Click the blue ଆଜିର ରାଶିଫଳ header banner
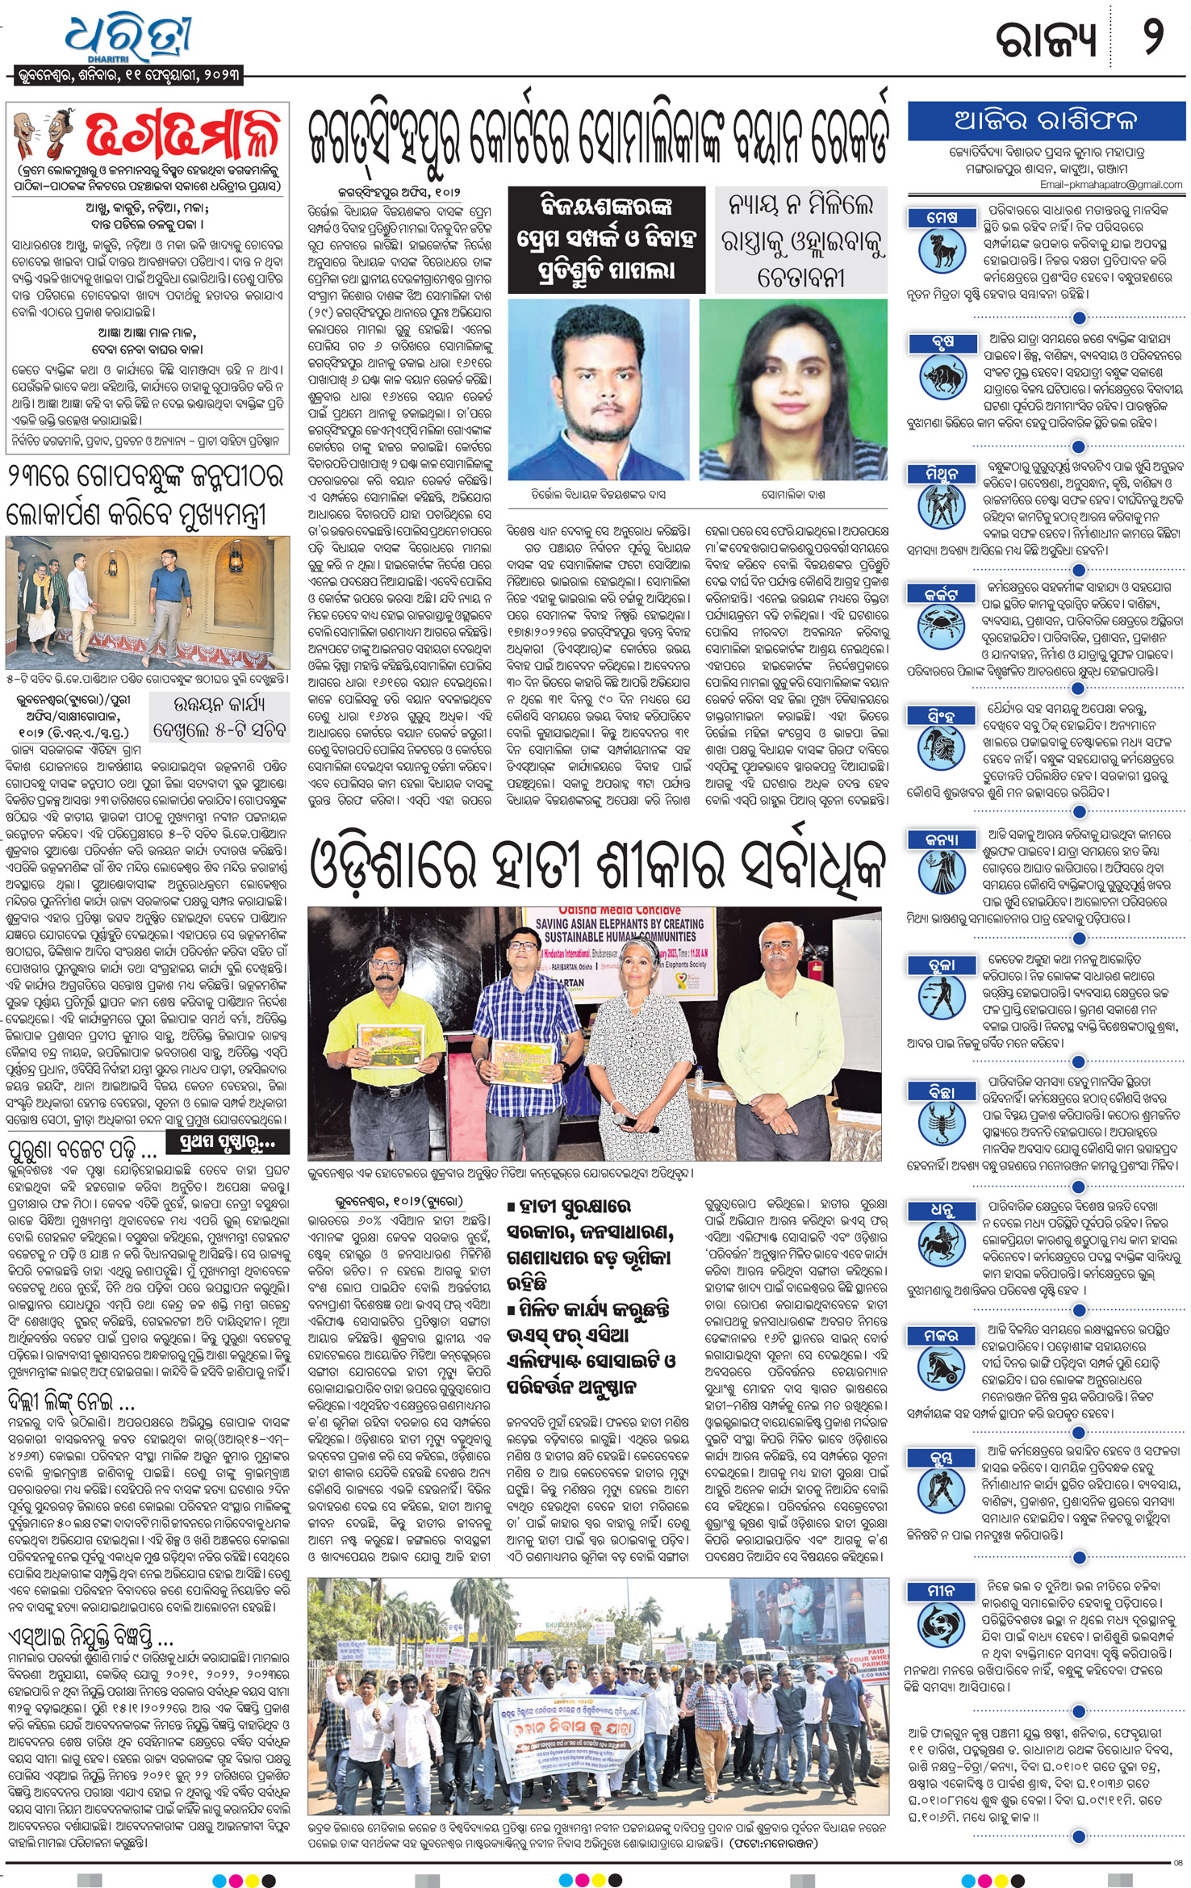1046,121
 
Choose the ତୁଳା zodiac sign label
942,965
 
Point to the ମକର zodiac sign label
942,1336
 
